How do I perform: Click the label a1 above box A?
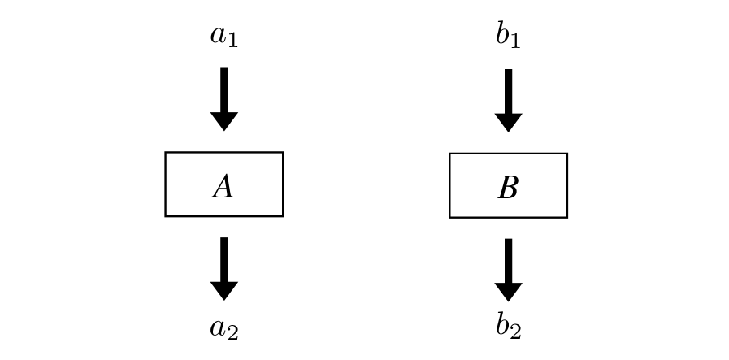(x=223, y=37)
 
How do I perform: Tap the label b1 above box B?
(x=508, y=37)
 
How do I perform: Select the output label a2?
(x=223, y=328)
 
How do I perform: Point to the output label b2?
(x=508, y=326)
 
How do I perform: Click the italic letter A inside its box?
(x=223, y=187)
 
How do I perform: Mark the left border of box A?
(x=166, y=184)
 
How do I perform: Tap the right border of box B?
(x=566, y=185)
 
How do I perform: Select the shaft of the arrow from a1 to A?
(x=223, y=89)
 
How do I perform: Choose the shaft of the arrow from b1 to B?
(x=508, y=90)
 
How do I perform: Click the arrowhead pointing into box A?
(x=223, y=121)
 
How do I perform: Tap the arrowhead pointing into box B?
(x=508, y=122)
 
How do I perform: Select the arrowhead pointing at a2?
(x=223, y=290)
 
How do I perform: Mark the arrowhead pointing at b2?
(x=508, y=292)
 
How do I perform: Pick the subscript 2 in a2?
(x=232, y=332)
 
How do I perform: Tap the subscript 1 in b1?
(x=515, y=41)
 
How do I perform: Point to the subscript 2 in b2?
(x=515, y=332)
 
